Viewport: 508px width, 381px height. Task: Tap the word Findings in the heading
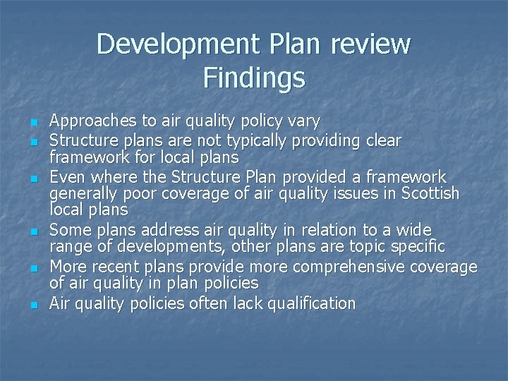pyautogui.click(x=254, y=77)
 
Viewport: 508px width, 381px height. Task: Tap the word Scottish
pyautogui.click(x=429, y=193)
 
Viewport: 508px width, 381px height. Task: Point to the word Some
pyautogui.click(x=68, y=230)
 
